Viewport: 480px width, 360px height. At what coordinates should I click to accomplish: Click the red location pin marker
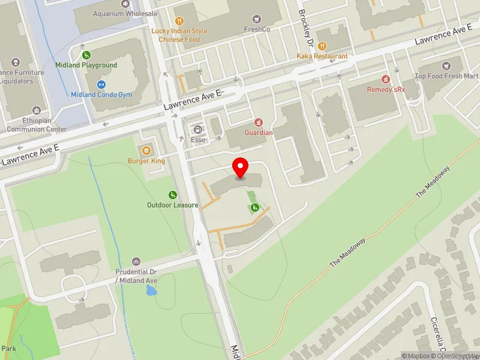pos(241,167)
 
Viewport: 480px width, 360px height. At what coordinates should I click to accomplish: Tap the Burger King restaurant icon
pos(146,149)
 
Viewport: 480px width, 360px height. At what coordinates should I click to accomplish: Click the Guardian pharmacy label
pos(259,133)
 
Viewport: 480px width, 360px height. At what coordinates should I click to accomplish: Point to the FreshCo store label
pos(258,29)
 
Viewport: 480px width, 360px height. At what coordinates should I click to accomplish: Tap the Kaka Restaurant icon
pos(322,46)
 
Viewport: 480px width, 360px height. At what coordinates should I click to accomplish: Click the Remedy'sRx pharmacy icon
pos(386,79)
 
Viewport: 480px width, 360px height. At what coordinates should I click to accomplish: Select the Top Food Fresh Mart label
pos(447,76)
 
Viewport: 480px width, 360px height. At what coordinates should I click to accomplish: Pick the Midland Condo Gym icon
pos(101,85)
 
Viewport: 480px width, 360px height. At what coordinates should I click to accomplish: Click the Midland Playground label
pos(86,65)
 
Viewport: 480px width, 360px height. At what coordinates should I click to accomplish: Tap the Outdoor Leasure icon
pos(173,194)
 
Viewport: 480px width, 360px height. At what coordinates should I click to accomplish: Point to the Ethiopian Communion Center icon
pos(37,110)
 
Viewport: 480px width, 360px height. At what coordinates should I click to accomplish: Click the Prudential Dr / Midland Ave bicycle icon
pos(136,262)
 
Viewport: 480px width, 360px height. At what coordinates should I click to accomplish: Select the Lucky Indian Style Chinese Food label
pos(179,35)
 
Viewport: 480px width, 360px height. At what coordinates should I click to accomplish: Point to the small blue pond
pos(151,291)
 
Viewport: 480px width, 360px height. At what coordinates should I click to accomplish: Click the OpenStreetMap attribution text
pos(455,356)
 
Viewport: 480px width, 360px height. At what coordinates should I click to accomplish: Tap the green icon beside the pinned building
pos(254,208)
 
